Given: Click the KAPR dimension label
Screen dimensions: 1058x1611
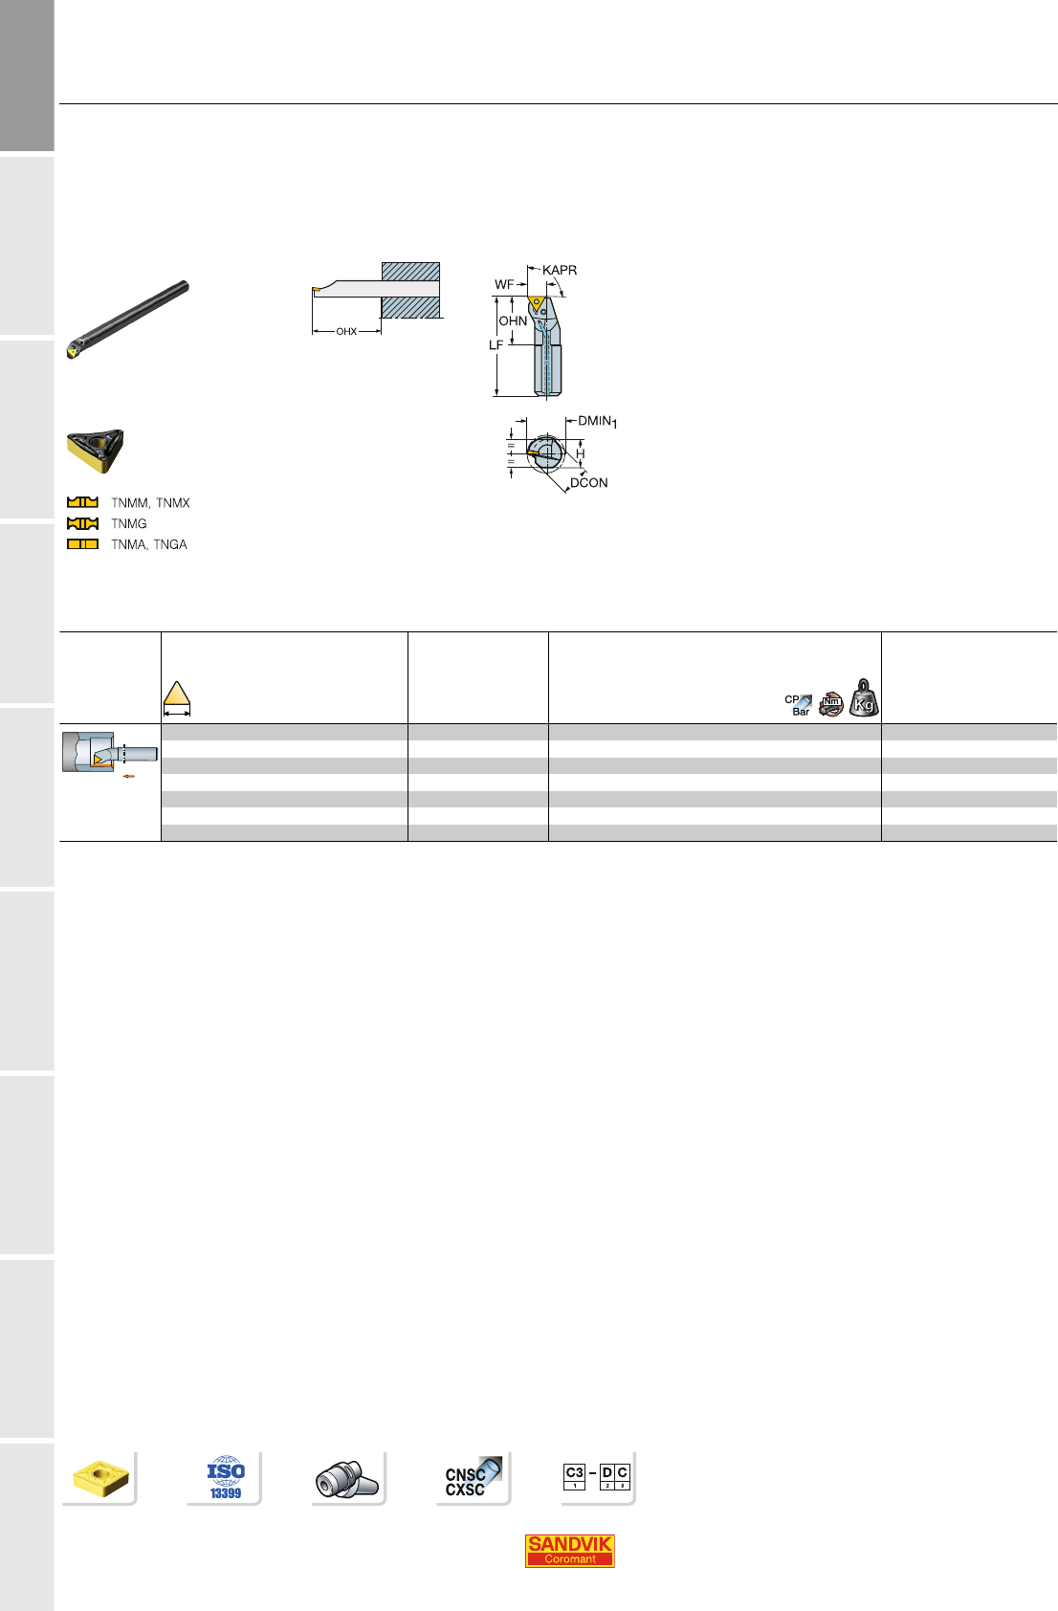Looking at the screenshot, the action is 559,271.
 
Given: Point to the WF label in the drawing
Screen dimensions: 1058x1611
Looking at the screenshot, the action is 503,285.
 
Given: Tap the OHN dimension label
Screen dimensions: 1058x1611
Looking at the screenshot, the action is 513,320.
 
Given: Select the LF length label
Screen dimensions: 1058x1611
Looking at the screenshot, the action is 496,345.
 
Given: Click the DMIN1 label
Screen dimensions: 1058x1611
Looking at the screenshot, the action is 597,422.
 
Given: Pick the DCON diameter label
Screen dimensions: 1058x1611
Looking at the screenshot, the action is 588,482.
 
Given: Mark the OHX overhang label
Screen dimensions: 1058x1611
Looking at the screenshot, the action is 346,332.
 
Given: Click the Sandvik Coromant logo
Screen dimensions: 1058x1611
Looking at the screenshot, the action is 569,1551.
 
